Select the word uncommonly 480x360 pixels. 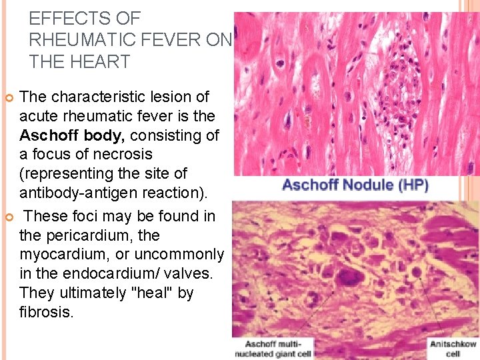click(x=178, y=255)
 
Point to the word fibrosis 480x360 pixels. click(x=46, y=312)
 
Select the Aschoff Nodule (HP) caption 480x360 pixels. click(x=355, y=185)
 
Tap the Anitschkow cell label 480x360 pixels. click(x=453, y=349)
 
